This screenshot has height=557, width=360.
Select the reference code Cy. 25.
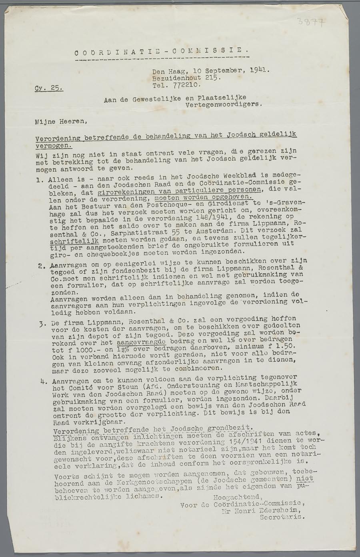click(x=49, y=88)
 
